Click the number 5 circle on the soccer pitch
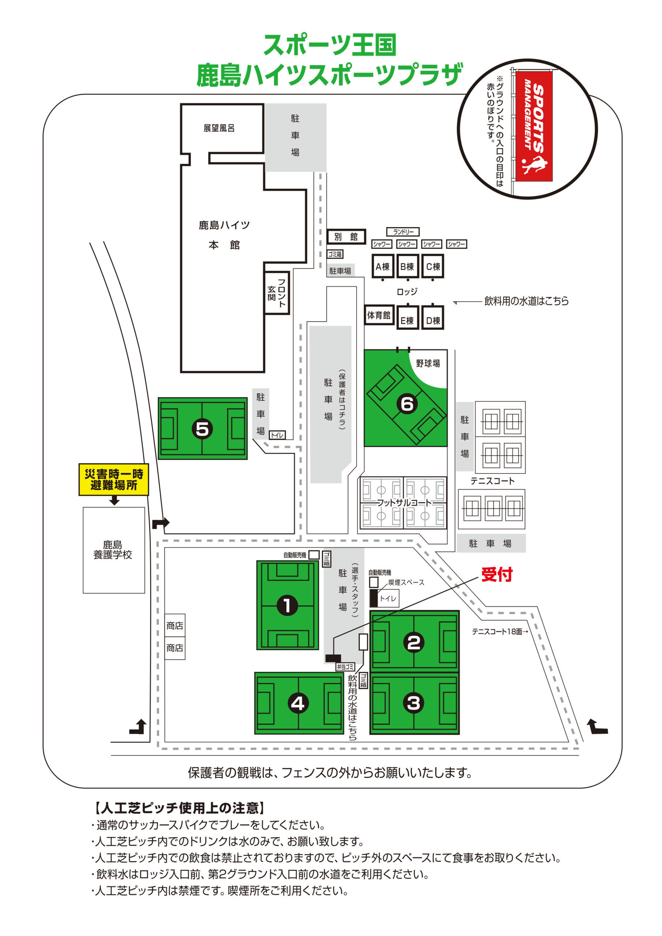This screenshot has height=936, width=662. pyautogui.click(x=202, y=429)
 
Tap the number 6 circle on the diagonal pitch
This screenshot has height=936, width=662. pyautogui.click(x=407, y=404)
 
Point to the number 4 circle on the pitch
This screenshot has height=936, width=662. pyautogui.click(x=298, y=703)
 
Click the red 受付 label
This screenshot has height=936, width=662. pyautogui.click(x=496, y=574)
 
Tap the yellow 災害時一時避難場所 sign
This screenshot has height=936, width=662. pyautogui.click(x=114, y=479)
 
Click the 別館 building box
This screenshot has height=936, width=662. pyautogui.click(x=346, y=237)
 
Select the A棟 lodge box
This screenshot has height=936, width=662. pyautogui.click(x=383, y=267)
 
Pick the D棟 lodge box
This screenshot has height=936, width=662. pyautogui.click(x=433, y=320)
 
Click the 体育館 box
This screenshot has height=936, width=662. pyautogui.click(x=379, y=315)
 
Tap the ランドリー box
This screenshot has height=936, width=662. pyautogui.click(x=403, y=232)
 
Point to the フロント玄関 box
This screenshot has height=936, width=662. pyautogui.click(x=277, y=293)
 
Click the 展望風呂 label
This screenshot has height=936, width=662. pyautogui.click(x=219, y=128)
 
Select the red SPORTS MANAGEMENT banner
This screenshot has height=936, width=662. pyautogui.click(x=534, y=126)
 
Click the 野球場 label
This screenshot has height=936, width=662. pyautogui.click(x=428, y=363)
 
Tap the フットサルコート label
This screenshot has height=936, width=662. pyautogui.click(x=403, y=503)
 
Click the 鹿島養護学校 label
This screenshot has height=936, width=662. pyautogui.click(x=113, y=550)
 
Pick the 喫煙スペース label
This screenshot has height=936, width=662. pyautogui.click(x=406, y=582)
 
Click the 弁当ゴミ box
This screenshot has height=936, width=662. pyautogui.click(x=345, y=667)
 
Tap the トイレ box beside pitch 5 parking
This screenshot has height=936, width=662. pyautogui.click(x=277, y=435)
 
